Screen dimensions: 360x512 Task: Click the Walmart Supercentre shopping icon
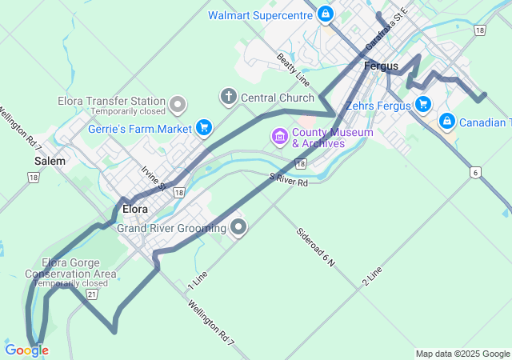click(326, 14)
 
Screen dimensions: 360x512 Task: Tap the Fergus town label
click(381, 66)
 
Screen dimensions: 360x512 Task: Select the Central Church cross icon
click(228, 98)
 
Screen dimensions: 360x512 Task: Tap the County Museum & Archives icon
click(279, 137)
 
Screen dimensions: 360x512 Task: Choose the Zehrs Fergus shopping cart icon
click(422, 104)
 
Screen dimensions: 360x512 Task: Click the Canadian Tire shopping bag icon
click(447, 122)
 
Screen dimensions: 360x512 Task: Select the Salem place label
click(50, 161)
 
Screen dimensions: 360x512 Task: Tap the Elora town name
click(135, 209)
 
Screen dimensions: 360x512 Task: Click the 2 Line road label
click(373, 277)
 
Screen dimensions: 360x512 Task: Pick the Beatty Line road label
click(293, 70)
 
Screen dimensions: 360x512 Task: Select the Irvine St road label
click(153, 178)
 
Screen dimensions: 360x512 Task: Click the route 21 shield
click(93, 294)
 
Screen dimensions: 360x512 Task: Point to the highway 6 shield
click(475, 172)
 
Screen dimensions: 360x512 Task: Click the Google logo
click(26, 350)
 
